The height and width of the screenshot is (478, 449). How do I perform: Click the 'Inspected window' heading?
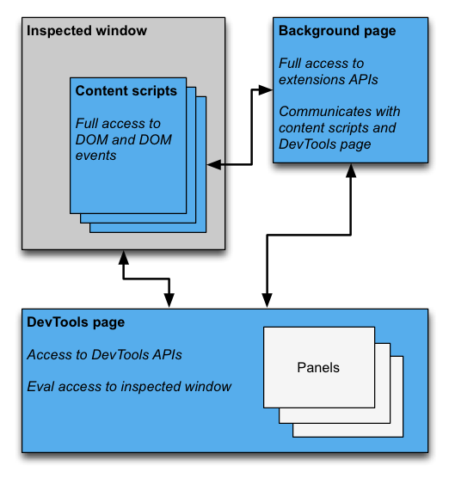coord(87,31)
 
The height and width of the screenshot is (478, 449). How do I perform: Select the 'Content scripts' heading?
coord(126,91)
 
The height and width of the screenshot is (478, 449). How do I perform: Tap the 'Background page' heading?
coord(337,31)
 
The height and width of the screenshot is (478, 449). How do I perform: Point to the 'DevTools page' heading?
coord(76,322)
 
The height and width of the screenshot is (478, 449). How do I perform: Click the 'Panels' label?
coord(318,367)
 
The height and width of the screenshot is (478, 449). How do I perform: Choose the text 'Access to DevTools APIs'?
coord(104,354)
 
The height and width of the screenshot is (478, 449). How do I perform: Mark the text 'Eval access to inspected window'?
coord(129,387)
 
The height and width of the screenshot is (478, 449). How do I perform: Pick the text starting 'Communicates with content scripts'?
coord(339,128)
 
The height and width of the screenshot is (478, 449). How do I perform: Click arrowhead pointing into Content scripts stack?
coord(213,162)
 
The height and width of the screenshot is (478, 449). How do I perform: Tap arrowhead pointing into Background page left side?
coord(266,89)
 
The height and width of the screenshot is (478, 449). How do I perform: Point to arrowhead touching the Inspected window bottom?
coord(125,257)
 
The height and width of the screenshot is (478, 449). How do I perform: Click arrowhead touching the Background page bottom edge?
coord(350,171)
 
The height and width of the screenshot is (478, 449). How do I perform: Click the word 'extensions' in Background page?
coord(314,79)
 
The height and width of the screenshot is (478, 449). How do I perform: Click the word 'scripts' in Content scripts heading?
coord(154,91)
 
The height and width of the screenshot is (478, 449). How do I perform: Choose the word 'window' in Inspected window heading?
coord(121,31)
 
